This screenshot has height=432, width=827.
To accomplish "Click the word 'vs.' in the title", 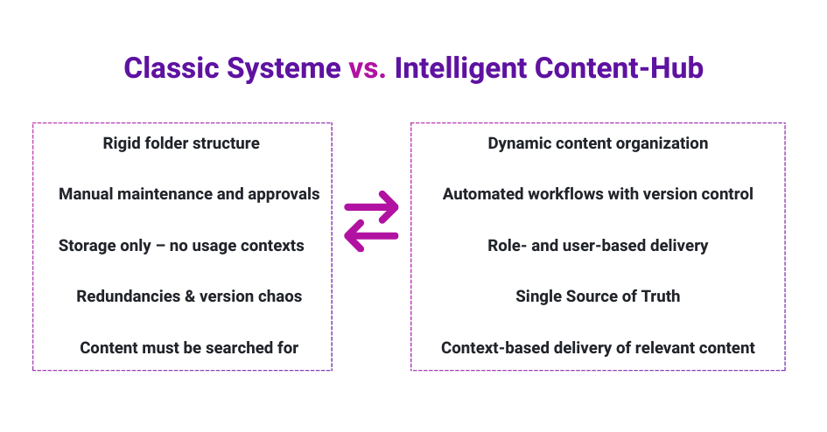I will click(368, 68).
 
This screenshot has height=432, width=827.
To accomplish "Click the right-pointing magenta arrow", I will click(372, 208).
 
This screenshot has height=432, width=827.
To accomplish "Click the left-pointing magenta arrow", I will click(372, 235).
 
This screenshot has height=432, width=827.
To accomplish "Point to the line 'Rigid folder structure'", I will click(181, 143).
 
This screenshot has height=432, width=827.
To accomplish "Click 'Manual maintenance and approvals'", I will click(189, 194).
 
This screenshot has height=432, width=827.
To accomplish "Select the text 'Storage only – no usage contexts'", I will click(181, 246).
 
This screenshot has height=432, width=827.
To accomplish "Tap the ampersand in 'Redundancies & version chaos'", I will click(189, 296).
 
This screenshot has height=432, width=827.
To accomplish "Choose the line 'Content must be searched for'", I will click(189, 348).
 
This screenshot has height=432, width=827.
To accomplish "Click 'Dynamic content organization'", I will click(598, 143).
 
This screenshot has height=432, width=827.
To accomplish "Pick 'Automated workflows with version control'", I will click(598, 194).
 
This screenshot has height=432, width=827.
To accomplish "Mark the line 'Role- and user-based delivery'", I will click(598, 246).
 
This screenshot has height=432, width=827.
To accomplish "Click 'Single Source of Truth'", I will click(598, 296).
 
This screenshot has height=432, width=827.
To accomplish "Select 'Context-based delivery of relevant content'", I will click(598, 348).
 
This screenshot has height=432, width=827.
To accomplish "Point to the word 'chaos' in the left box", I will click(280, 296).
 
